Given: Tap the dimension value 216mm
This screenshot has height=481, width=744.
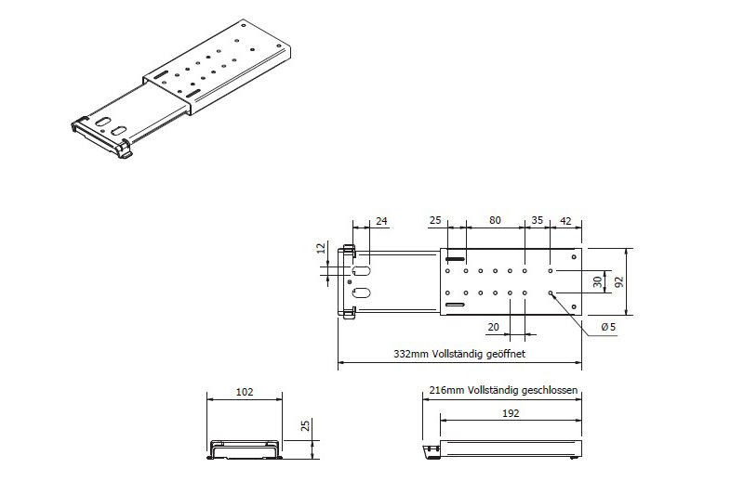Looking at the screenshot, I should tap(445, 392).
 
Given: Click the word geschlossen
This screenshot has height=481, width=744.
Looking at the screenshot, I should tap(550, 392).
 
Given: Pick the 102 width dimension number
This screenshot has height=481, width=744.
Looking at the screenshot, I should tap(243, 393).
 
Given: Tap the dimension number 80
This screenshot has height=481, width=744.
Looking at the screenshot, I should tap(496, 221).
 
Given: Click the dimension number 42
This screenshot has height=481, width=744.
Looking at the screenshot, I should tap(565, 221).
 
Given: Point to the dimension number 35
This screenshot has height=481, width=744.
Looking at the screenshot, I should tap(537, 221).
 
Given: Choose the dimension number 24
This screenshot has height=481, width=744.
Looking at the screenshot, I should tap(380, 221).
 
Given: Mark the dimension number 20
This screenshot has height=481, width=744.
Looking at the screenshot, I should tap(493, 326).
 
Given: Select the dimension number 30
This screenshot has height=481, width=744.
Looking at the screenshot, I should tap(597, 280).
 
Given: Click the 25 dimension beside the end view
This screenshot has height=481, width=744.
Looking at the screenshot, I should tap(305, 425).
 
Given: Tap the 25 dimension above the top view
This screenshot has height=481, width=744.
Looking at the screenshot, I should tap(435, 221).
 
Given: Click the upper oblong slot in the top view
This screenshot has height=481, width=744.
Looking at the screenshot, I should tap(364, 270).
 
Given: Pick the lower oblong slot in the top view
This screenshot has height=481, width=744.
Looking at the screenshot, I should tap(364, 292).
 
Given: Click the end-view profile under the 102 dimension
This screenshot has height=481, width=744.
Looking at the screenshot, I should tap(244, 449).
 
